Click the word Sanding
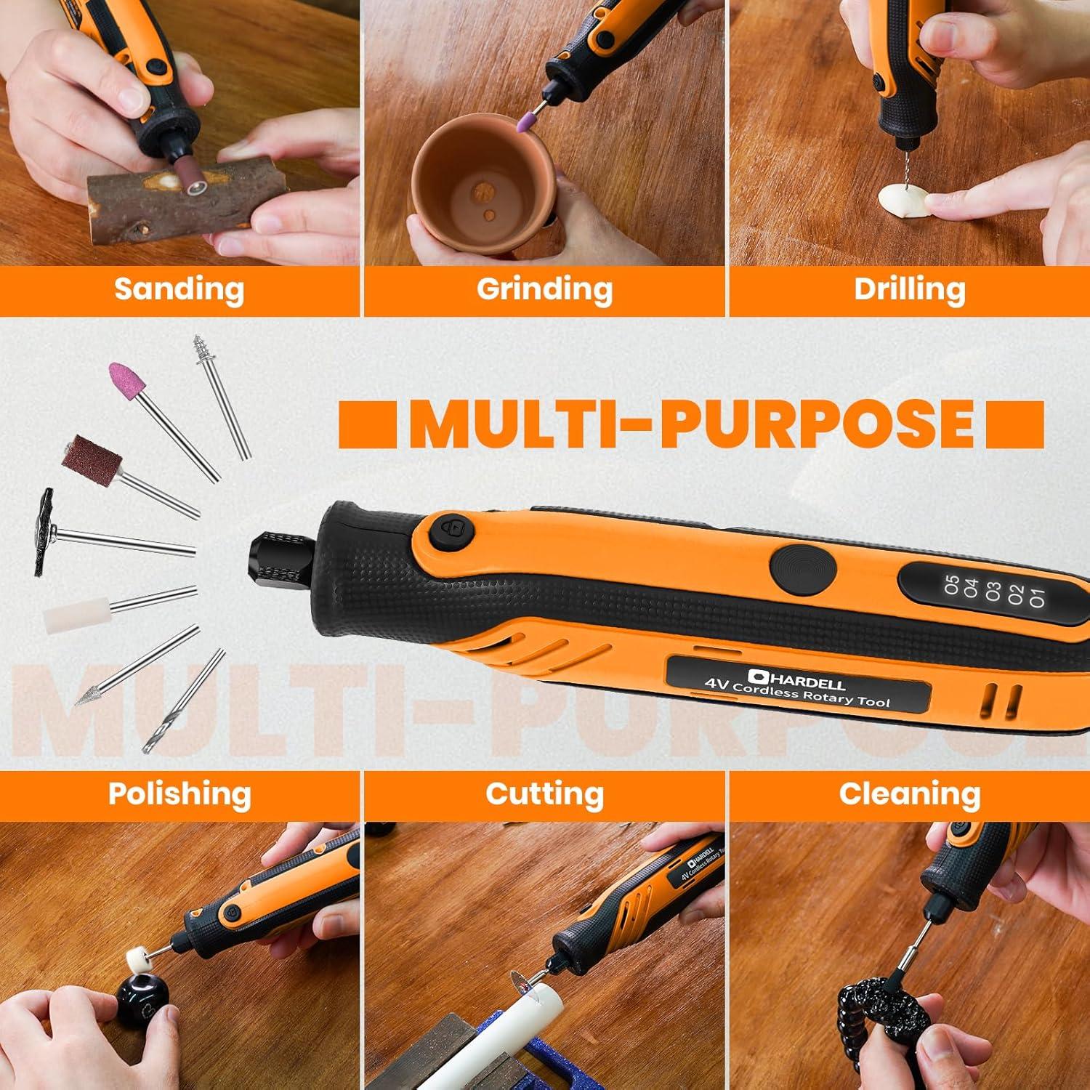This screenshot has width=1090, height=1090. point(179,289)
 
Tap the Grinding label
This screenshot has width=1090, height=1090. point(544,289)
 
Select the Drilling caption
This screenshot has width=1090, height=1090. point(909,289)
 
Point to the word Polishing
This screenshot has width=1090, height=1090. point(179,794)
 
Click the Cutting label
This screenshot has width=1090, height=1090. point(544,794)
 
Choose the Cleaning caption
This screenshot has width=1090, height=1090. point(909,794)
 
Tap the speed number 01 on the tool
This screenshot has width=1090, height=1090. point(1036,596)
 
